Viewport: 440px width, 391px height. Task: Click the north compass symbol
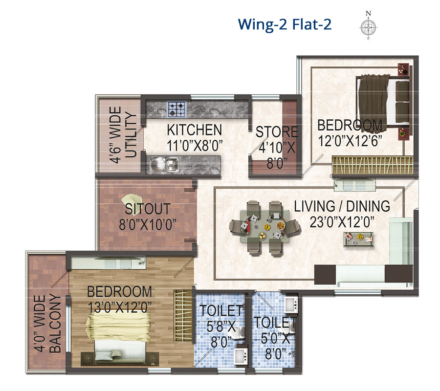point(369,26)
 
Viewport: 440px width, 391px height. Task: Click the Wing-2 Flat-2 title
point(285,24)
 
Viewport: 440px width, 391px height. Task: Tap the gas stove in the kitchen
point(176,109)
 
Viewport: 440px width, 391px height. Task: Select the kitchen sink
point(164,164)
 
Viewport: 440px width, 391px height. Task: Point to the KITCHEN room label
point(195,130)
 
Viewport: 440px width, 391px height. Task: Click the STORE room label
point(277,131)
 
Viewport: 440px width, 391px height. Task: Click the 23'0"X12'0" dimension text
point(342,222)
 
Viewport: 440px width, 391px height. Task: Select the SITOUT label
point(148,209)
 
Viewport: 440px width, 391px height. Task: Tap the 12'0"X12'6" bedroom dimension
point(350,141)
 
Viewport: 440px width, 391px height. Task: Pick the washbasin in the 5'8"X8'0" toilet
point(241,356)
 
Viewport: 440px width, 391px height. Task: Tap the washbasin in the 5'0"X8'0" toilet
point(291,304)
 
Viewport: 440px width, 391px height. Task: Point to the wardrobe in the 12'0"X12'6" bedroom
point(373,165)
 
